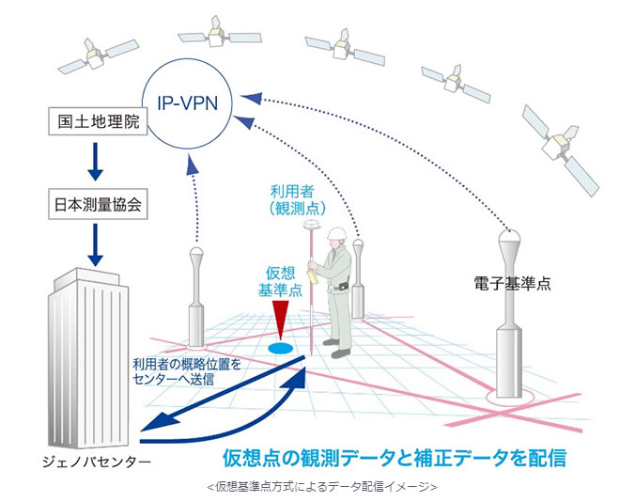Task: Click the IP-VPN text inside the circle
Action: click(x=188, y=103)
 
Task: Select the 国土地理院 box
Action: click(x=98, y=121)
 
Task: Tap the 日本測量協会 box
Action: click(x=98, y=204)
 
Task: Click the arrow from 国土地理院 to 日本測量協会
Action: click(x=95, y=162)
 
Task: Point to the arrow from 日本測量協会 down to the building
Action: click(x=95, y=244)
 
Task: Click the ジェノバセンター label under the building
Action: click(x=97, y=462)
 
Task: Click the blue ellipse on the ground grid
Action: click(x=280, y=348)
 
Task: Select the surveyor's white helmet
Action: click(x=336, y=233)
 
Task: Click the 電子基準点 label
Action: click(x=512, y=284)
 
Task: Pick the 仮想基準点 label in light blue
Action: click(x=280, y=281)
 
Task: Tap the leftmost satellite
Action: click(x=97, y=55)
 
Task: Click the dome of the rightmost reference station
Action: click(x=509, y=236)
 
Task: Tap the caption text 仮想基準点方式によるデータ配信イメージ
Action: click(x=322, y=487)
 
